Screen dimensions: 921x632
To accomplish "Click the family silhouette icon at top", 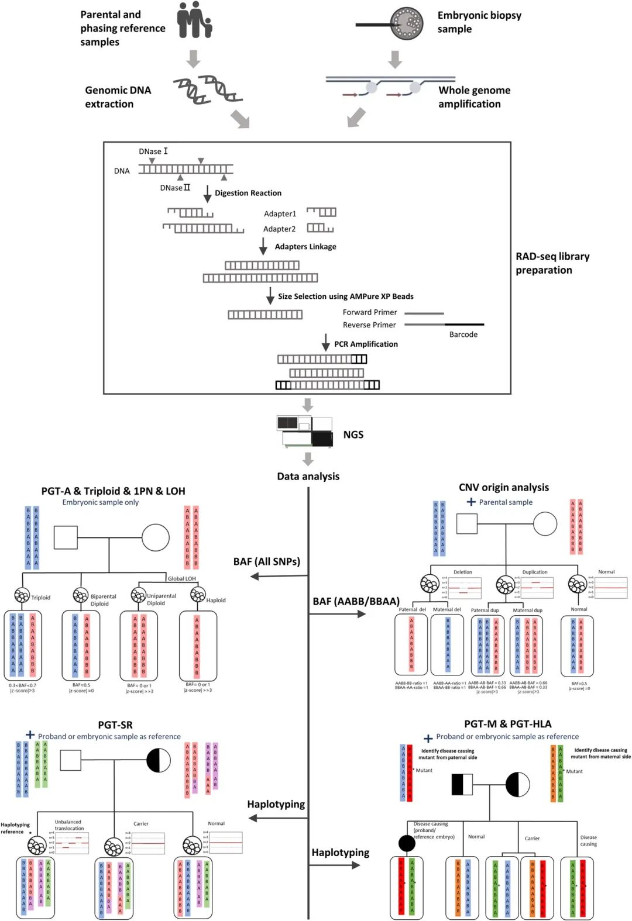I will (x=194, y=20).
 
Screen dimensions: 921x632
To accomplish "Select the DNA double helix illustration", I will (x=208, y=91).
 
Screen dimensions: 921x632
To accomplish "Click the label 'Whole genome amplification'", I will (x=474, y=97).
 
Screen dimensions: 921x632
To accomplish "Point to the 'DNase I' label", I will (x=153, y=151).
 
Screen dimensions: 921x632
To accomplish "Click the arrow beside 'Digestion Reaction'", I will (x=207, y=194).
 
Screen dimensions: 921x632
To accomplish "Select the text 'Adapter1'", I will (x=280, y=214).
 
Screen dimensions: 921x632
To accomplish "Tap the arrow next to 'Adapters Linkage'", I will (x=263, y=247).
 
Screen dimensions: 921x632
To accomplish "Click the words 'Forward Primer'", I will (x=369, y=312).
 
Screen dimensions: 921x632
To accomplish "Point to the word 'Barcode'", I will (x=463, y=334).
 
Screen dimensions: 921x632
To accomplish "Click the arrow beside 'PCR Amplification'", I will (x=326, y=343).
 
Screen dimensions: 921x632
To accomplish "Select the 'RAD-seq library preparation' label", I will (x=552, y=263).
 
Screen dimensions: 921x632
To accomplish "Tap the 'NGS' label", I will (x=353, y=434).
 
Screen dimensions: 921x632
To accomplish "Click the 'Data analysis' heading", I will (x=308, y=477).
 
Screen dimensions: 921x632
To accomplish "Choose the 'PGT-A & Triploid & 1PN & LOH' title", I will (x=113, y=491).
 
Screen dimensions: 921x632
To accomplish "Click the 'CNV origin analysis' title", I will (x=503, y=488).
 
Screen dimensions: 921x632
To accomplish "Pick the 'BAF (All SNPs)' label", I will (x=266, y=561).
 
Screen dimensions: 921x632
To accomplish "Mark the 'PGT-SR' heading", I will (x=115, y=725).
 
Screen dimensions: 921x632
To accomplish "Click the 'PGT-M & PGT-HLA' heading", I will (x=507, y=724).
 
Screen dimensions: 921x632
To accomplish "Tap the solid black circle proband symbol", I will (x=407, y=843).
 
